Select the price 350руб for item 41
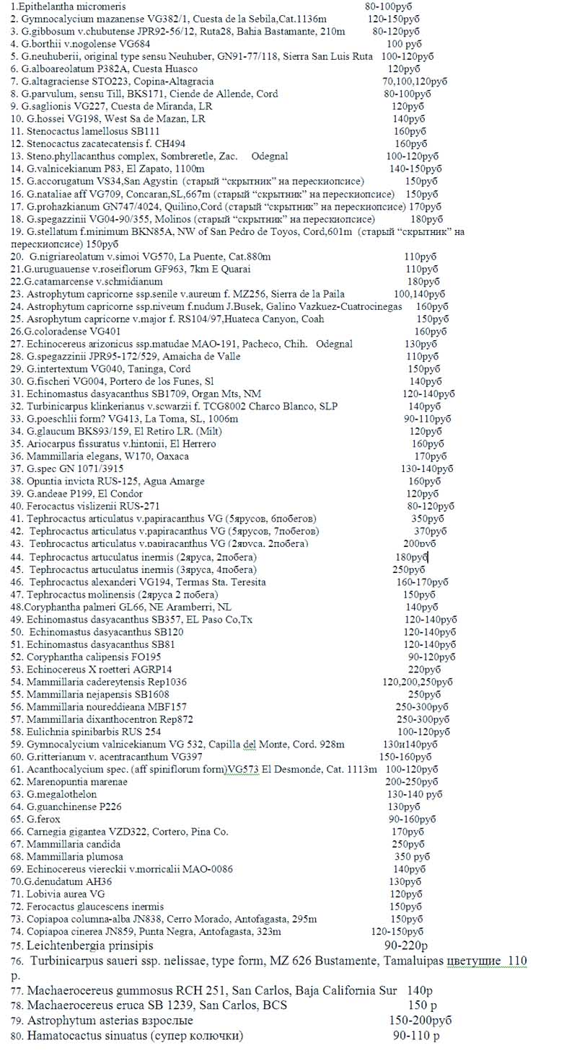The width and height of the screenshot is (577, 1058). (428, 518)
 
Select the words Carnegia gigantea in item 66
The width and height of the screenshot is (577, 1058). (66, 832)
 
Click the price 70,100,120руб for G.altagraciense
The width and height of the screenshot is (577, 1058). (415, 81)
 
